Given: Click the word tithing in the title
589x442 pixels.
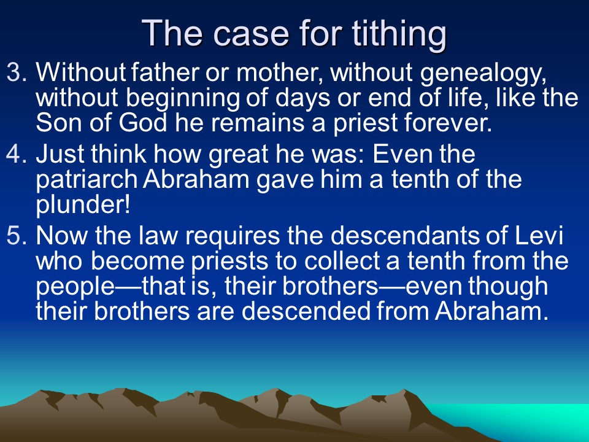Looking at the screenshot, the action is coord(399,34).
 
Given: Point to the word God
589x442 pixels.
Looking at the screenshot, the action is coord(143,123).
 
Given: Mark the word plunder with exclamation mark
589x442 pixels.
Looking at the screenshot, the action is coord(83,205).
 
